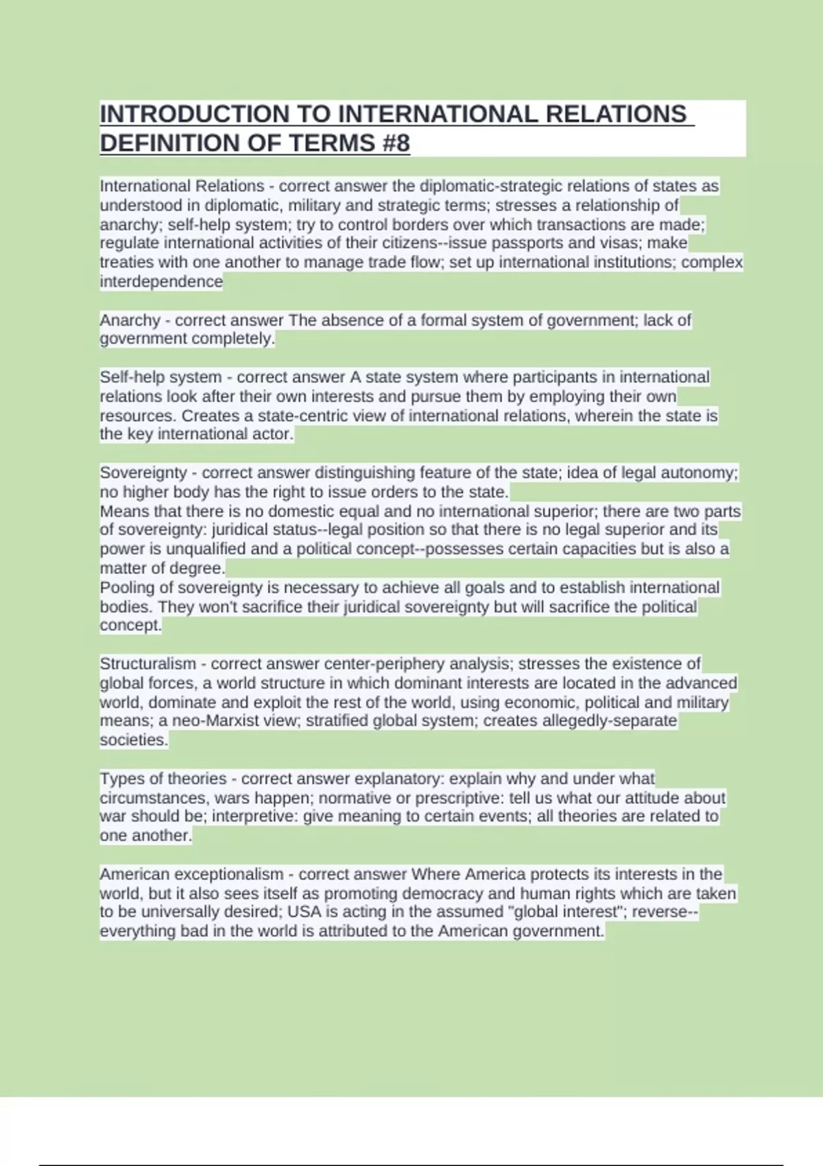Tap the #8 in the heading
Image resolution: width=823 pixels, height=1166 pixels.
[x=393, y=143]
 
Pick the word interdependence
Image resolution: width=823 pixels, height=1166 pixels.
[x=161, y=281]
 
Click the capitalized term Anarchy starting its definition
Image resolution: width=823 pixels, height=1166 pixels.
[x=130, y=320]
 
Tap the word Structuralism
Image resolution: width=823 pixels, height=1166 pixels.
[x=147, y=664]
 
